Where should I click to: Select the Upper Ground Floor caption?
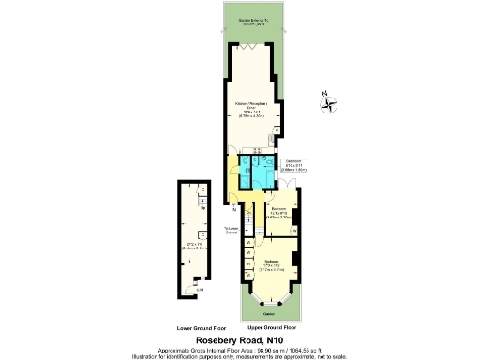273,328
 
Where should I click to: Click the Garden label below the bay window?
269,313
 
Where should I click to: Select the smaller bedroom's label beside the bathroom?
278,213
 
